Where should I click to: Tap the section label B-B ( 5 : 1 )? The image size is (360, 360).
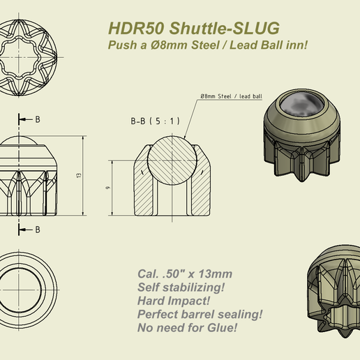pos(155,121)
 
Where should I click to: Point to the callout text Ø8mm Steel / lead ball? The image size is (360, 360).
pos(231,96)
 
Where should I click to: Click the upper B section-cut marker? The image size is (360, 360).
pos(37,119)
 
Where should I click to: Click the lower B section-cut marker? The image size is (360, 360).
pos(37,229)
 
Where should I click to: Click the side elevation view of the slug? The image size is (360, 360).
pos(32,178)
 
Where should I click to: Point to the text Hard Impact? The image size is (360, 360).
pos(172,300)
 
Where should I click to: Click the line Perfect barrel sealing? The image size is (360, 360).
pos(200,313)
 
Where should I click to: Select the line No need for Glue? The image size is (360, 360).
pos(188,327)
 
